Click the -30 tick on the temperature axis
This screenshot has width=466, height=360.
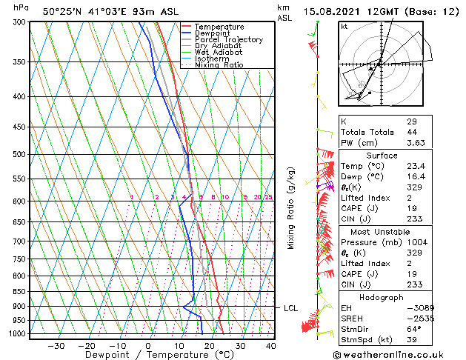(x=56, y=346)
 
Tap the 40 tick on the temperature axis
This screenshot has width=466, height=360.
(x=270, y=346)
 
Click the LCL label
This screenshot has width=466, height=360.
(x=290, y=307)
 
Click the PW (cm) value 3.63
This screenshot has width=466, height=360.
(x=415, y=143)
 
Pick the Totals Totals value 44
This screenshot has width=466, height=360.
(x=412, y=132)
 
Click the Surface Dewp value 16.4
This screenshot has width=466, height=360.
(x=415, y=177)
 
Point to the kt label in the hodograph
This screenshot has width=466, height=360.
(x=344, y=26)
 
